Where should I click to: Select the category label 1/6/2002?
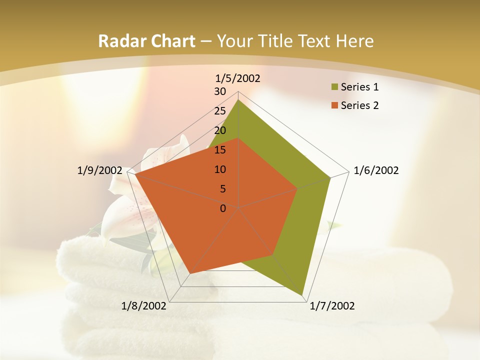coord(376,170)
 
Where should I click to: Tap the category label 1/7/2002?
coord(332,306)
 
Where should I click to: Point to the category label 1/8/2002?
coord(144,306)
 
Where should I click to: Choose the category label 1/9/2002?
coord(100,170)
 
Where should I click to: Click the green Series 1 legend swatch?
coord(334,87)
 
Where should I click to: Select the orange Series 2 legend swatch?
coord(334,105)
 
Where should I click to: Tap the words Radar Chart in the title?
coord(146,41)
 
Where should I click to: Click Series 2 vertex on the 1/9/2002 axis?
coord(135,174)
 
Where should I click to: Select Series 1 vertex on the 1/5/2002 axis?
coord(238,99)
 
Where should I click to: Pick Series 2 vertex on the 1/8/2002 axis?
coord(190,273)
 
